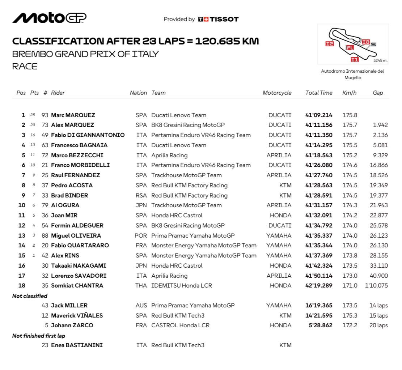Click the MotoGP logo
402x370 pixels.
click(49, 18)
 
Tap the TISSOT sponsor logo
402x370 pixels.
click(219, 19)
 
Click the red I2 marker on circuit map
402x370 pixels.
click(329, 44)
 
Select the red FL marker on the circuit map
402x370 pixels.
click(350, 47)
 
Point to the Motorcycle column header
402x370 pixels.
click(277, 93)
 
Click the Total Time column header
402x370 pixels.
click(318, 93)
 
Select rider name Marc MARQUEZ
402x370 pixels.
click(73, 115)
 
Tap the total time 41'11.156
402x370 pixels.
click(318, 125)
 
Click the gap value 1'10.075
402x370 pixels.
click(376, 285)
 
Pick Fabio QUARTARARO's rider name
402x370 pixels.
click(80, 245)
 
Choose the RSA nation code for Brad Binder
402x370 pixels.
click(141, 195)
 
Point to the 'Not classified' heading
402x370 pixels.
click(30, 296)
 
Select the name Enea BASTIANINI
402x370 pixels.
click(77, 345)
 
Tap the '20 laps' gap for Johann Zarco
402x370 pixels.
click(378, 325)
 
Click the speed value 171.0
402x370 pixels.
click(350, 285)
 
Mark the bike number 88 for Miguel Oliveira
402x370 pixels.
click(45, 235)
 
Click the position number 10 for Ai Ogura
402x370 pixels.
click(22, 205)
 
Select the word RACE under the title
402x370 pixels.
click(25, 67)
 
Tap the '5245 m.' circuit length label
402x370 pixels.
click(380, 60)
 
